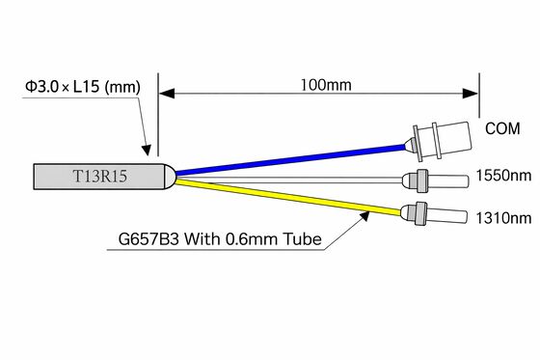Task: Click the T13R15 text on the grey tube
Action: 100,177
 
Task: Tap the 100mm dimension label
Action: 326,85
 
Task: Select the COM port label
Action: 502,128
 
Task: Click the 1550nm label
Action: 503,176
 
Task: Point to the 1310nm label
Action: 503,218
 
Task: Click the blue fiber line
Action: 291,159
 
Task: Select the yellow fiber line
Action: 288,197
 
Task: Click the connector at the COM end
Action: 439,142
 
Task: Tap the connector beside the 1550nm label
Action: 435,180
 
